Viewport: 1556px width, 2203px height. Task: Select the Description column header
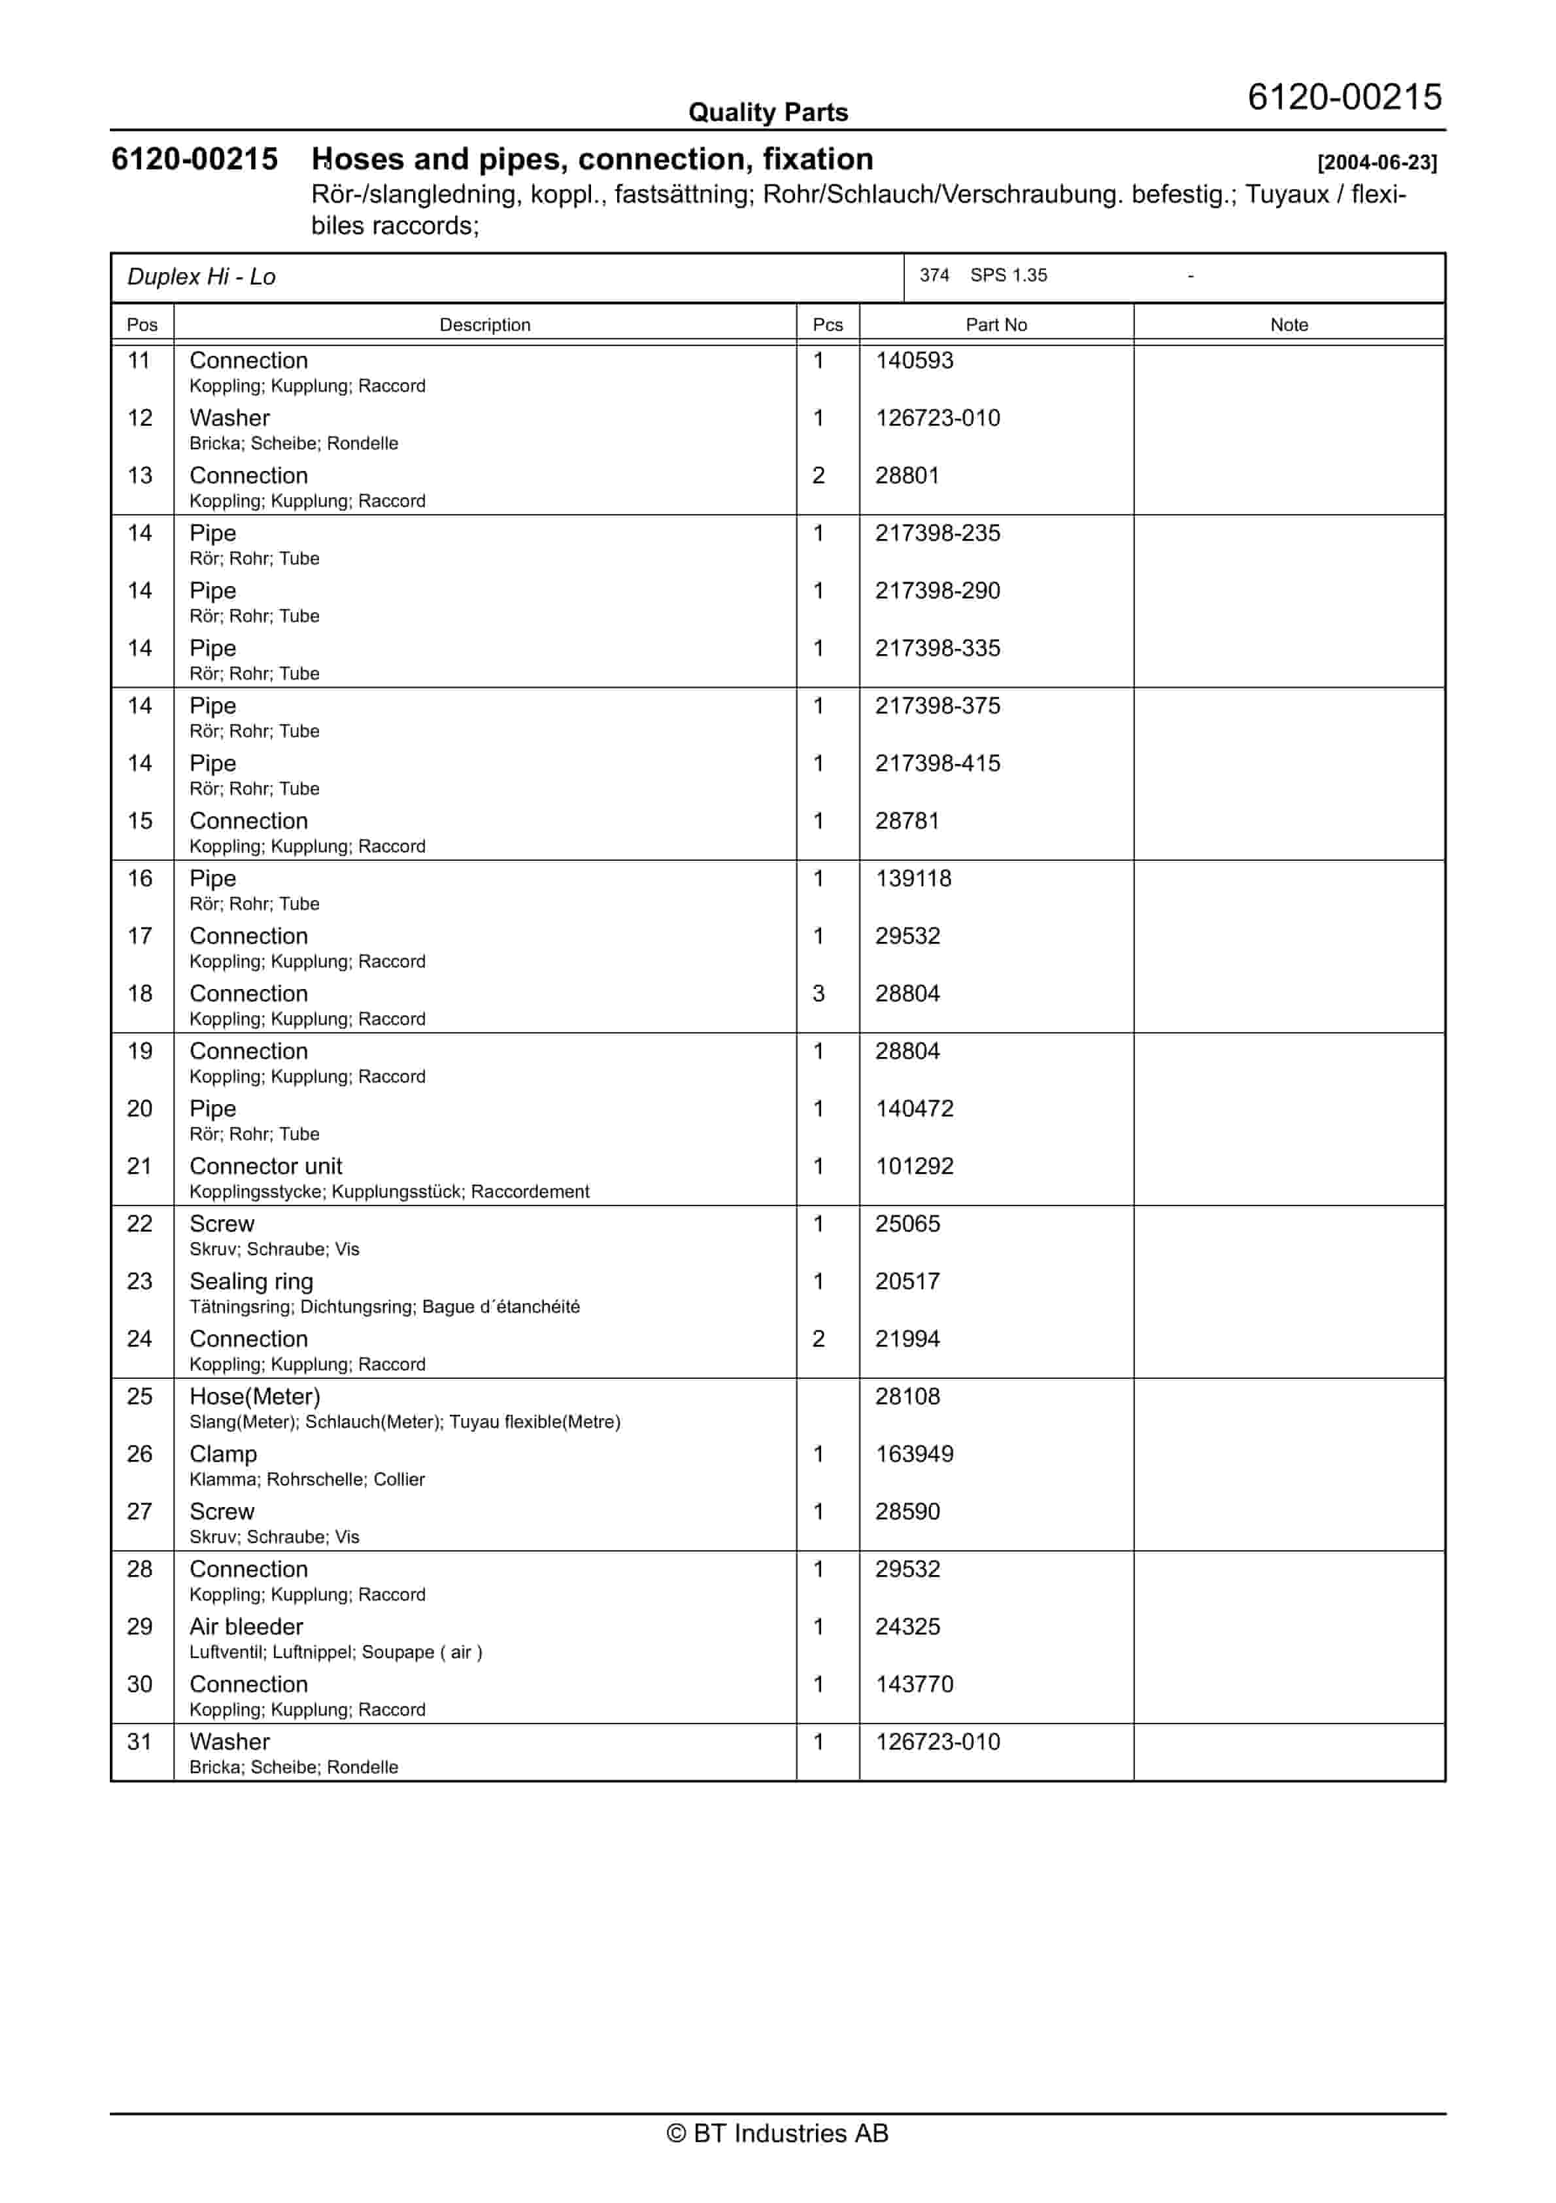(484, 324)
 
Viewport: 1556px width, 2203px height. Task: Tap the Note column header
(1289, 324)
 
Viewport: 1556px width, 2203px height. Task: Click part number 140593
(914, 361)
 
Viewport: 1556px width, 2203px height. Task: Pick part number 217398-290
(938, 591)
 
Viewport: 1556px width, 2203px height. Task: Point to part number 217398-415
(938, 764)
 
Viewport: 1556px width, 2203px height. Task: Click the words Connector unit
(265, 1167)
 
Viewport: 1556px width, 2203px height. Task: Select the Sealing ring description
(251, 1282)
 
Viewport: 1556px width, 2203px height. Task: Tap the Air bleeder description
(246, 1627)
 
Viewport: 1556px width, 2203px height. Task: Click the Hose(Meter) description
(255, 1397)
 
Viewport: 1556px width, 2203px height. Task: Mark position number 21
(140, 1167)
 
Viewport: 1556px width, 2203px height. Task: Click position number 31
(140, 1743)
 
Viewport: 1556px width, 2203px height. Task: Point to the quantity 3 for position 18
(819, 994)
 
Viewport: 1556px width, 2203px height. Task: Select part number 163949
(914, 1455)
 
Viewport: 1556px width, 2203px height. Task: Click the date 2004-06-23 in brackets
(1377, 162)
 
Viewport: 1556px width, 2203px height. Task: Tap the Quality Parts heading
(768, 113)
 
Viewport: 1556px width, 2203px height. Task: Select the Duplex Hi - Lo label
(201, 277)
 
